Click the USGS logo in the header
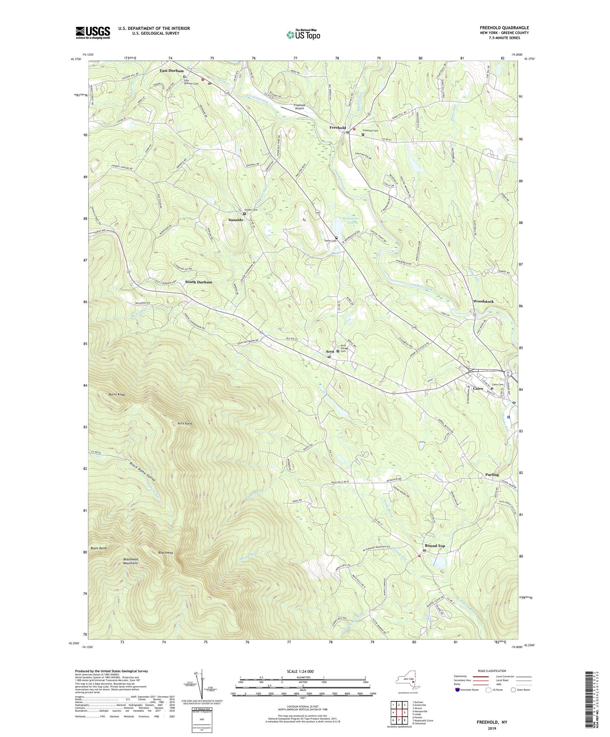click(x=93, y=33)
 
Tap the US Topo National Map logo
click(x=303, y=35)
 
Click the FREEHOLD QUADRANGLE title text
click(x=504, y=28)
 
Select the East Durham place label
click(x=171, y=71)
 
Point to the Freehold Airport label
click(x=300, y=107)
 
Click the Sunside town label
click(x=235, y=220)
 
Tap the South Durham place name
click(x=198, y=282)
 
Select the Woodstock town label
click(x=483, y=301)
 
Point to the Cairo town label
click(x=478, y=389)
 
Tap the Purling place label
click(x=492, y=474)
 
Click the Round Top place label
click(x=435, y=546)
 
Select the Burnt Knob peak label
click(x=117, y=395)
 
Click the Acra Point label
click(x=185, y=424)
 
